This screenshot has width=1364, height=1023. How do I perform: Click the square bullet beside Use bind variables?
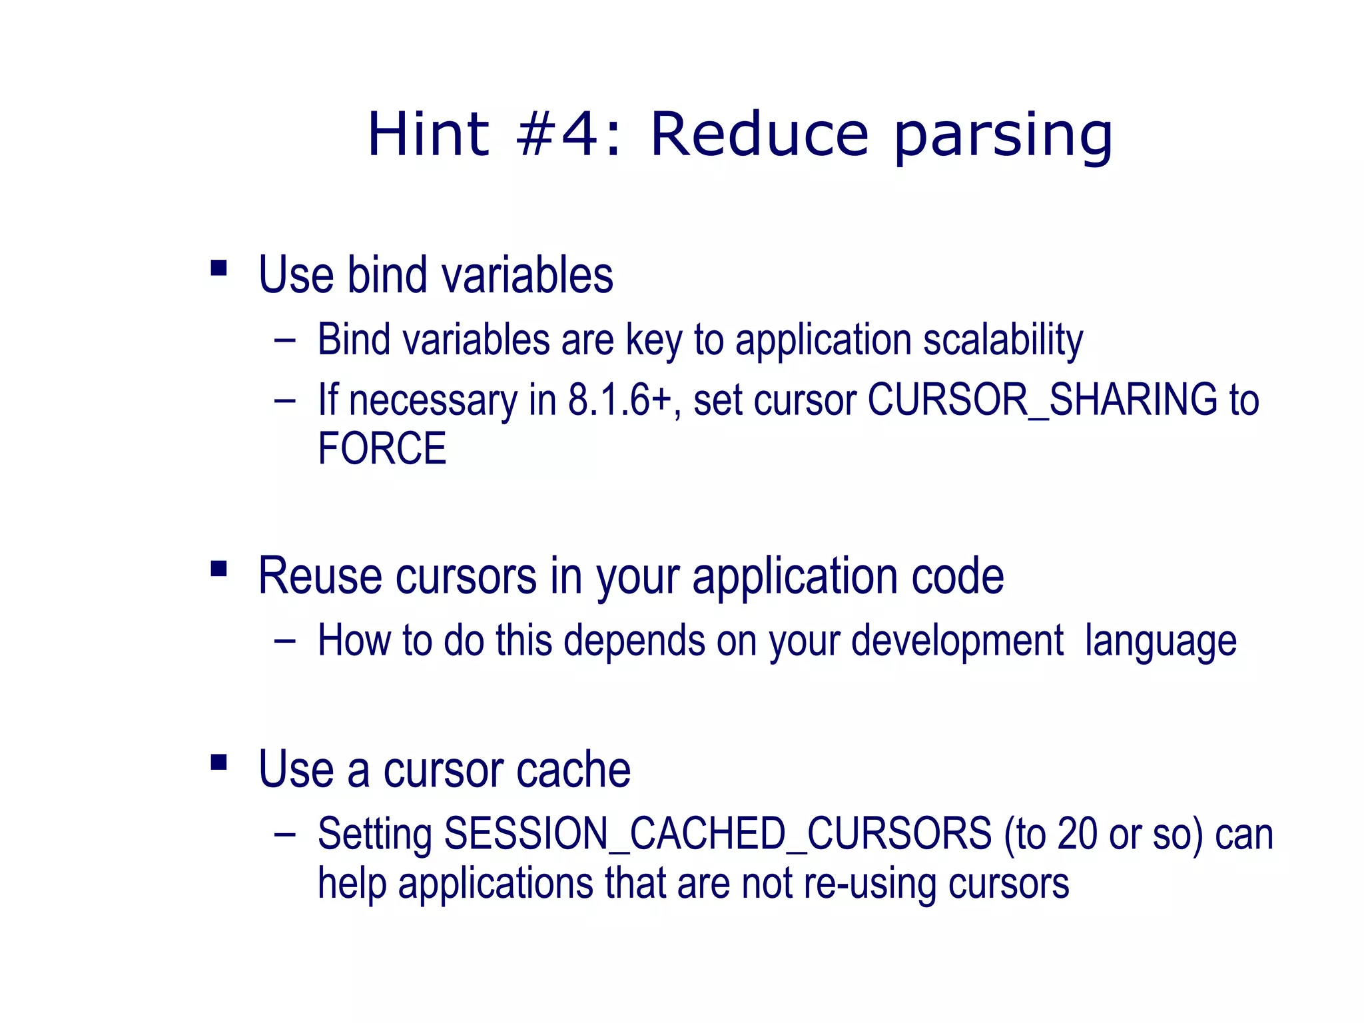(x=218, y=268)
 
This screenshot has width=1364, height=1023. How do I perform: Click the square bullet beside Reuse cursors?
(x=218, y=569)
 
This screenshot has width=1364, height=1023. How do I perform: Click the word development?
(x=957, y=641)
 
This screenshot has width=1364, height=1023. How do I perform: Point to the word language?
(x=1160, y=642)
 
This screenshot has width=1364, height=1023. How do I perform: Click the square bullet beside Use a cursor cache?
(x=218, y=762)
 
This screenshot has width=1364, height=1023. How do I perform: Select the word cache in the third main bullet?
(x=573, y=770)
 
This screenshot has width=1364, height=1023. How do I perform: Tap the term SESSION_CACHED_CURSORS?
(x=717, y=834)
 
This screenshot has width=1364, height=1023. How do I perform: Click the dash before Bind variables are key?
(x=284, y=340)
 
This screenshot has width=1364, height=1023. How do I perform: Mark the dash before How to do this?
(x=284, y=641)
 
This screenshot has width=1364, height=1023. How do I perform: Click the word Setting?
(x=374, y=835)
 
